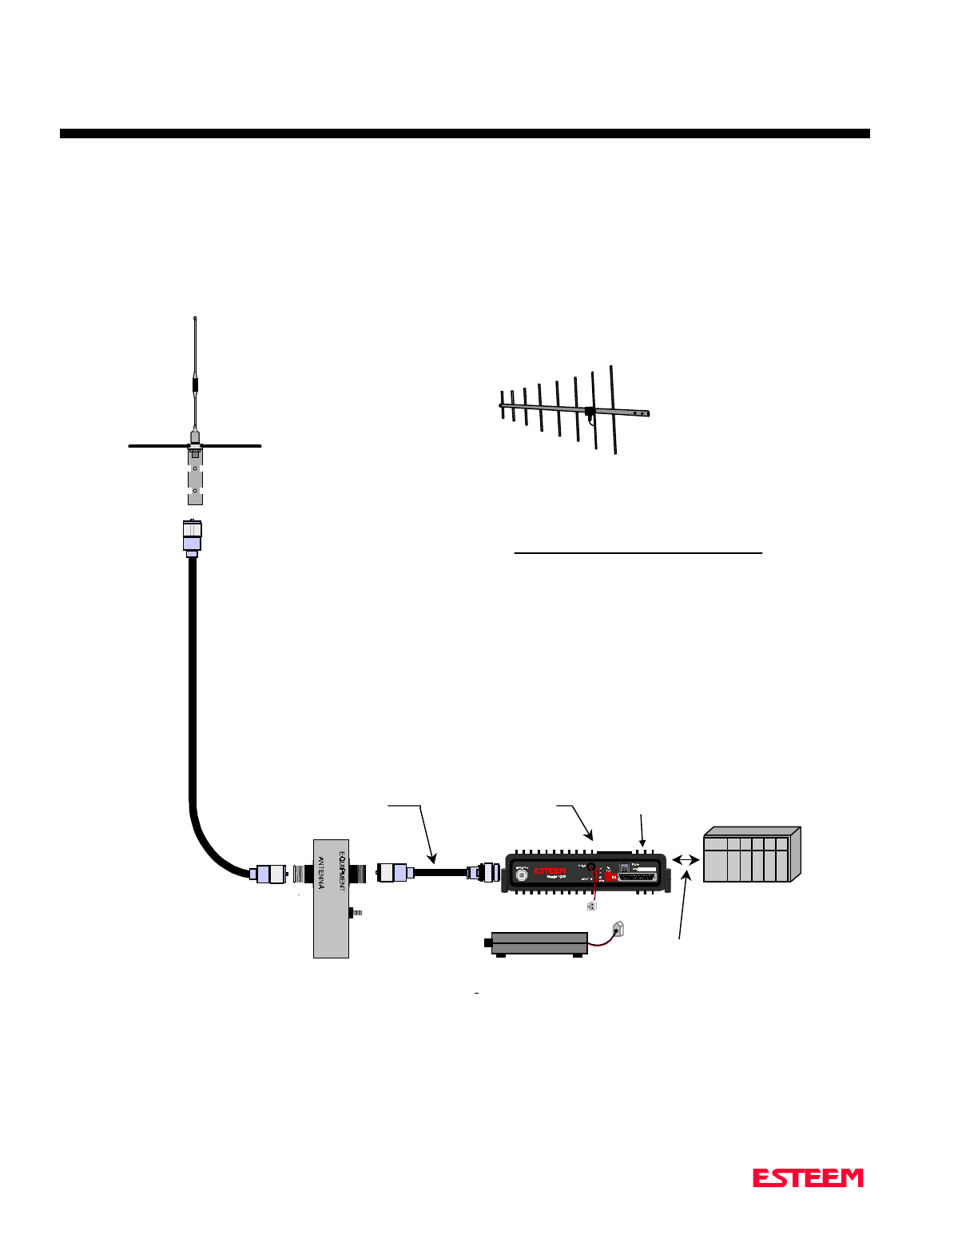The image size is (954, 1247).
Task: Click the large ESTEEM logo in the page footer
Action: click(x=808, y=1177)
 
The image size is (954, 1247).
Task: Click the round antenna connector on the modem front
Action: click(x=522, y=874)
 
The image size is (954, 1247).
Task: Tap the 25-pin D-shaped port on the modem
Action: click(x=638, y=876)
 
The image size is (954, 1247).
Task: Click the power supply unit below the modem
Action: click(x=539, y=943)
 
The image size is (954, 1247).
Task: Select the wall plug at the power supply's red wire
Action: click(x=618, y=928)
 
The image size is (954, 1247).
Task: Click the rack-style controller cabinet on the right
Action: click(x=750, y=855)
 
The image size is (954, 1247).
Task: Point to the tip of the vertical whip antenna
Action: click(x=195, y=319)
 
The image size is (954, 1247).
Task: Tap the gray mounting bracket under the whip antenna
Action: click(x=195, y=480)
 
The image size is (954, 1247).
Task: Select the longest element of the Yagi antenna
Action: click(x=614, y=410)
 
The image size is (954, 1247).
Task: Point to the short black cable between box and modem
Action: click(x=439, y=872)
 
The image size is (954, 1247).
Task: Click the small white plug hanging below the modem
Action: click(x=590, y=906)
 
